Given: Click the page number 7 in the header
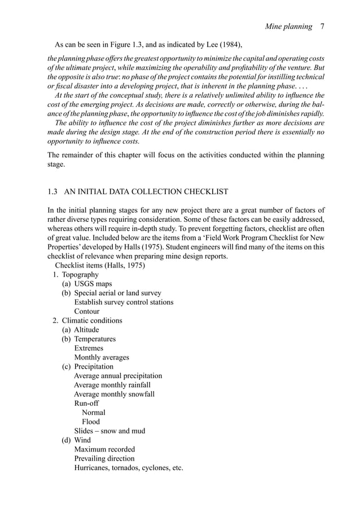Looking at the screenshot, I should pos(321,27).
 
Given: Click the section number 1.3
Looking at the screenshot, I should pos(52,191).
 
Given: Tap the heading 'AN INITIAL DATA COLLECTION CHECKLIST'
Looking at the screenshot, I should pos(146,191).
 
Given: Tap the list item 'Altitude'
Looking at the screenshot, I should pos(86,330).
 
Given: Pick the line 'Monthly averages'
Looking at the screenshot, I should pos(102,357).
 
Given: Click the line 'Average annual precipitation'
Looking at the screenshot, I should pos(118,375).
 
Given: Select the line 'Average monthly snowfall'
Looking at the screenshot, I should pos(114,394).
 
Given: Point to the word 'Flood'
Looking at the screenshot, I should pos(91,422).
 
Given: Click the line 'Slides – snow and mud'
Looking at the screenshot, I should pos(109,431).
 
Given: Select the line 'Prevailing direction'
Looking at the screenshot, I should pos(104,458).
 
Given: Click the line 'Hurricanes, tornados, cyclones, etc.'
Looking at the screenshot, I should pos(129,468).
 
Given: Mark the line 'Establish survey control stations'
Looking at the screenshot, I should pos(124,302).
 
